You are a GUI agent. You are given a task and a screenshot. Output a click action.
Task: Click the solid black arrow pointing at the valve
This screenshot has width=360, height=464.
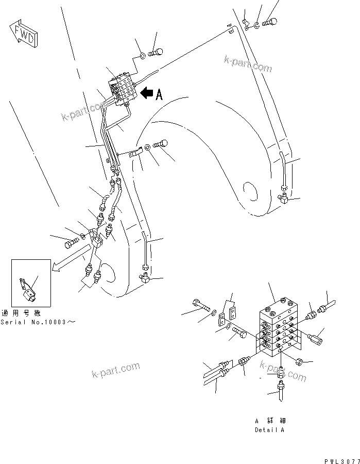click(x=146, y=93)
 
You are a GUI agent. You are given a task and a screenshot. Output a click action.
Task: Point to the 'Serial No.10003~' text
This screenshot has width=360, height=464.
click(x=38, y=321)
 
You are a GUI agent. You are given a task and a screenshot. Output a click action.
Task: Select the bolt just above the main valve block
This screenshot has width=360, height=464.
click(x=156, y=52)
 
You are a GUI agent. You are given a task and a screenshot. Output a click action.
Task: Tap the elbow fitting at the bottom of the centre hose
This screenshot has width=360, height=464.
click(x=145, y=278)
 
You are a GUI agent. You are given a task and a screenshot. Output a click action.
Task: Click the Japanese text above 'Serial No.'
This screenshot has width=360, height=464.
click(x=21, y=313)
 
